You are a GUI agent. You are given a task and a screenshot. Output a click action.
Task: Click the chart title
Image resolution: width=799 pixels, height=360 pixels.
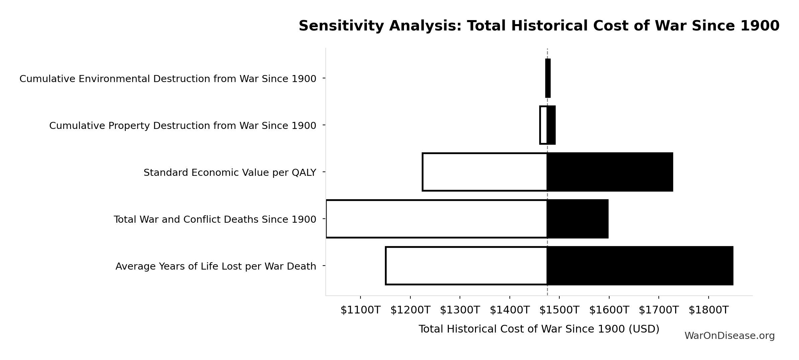click(x=539, y=26)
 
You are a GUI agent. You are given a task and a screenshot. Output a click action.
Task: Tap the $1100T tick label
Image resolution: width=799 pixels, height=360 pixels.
click(x=360, y=310)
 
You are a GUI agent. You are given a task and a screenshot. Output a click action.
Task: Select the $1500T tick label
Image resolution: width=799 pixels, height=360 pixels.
click(x=559, y=310)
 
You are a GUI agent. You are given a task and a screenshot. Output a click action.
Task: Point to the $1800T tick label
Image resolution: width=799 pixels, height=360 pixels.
click(x=708, y=310)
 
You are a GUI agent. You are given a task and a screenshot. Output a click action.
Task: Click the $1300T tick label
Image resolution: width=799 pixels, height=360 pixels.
click(x=460, y=310)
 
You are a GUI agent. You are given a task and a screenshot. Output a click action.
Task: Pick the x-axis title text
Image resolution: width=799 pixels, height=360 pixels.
click(x=539, y=329)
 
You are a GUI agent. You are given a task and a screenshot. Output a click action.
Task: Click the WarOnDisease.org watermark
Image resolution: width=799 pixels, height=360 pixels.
click(x=729, y=336)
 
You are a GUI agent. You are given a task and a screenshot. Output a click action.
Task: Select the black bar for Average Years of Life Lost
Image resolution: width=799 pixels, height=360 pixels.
click(x=640, y=266)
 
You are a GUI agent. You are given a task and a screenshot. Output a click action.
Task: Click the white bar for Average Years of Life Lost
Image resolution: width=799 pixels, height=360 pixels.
click(x=466, y=266)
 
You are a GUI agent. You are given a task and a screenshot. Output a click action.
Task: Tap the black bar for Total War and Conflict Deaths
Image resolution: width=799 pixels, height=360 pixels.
click(x=577, y=219)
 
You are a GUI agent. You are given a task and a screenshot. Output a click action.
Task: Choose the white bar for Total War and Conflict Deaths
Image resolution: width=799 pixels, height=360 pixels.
click(x=436, y=219)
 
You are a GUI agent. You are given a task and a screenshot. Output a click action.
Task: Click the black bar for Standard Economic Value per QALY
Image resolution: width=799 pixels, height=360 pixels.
click(x=610, y=172)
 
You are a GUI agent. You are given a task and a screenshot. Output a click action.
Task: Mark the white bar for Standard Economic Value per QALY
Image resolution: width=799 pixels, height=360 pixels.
click(x=484, y=172)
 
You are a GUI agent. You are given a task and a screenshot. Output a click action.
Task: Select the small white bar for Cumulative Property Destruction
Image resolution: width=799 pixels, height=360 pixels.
click(x=543, y=125)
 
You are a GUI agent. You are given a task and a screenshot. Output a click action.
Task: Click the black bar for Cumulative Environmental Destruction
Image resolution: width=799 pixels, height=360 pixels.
click(x=548, y=78)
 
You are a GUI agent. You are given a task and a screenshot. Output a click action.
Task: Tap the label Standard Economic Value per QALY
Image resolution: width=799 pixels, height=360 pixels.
click(x=230, y=173)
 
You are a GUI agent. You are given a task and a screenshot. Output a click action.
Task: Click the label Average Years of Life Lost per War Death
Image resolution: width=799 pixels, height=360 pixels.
click(x=216, y=267)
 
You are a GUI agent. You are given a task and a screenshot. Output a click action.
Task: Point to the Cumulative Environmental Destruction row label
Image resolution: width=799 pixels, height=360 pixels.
click(x=168, y=79)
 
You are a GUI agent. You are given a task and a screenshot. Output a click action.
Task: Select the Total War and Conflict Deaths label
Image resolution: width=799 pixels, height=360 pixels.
click(x=215, y=220)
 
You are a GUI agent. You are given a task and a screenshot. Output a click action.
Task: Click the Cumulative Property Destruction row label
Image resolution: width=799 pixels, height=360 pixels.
click(x=182, y=126)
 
